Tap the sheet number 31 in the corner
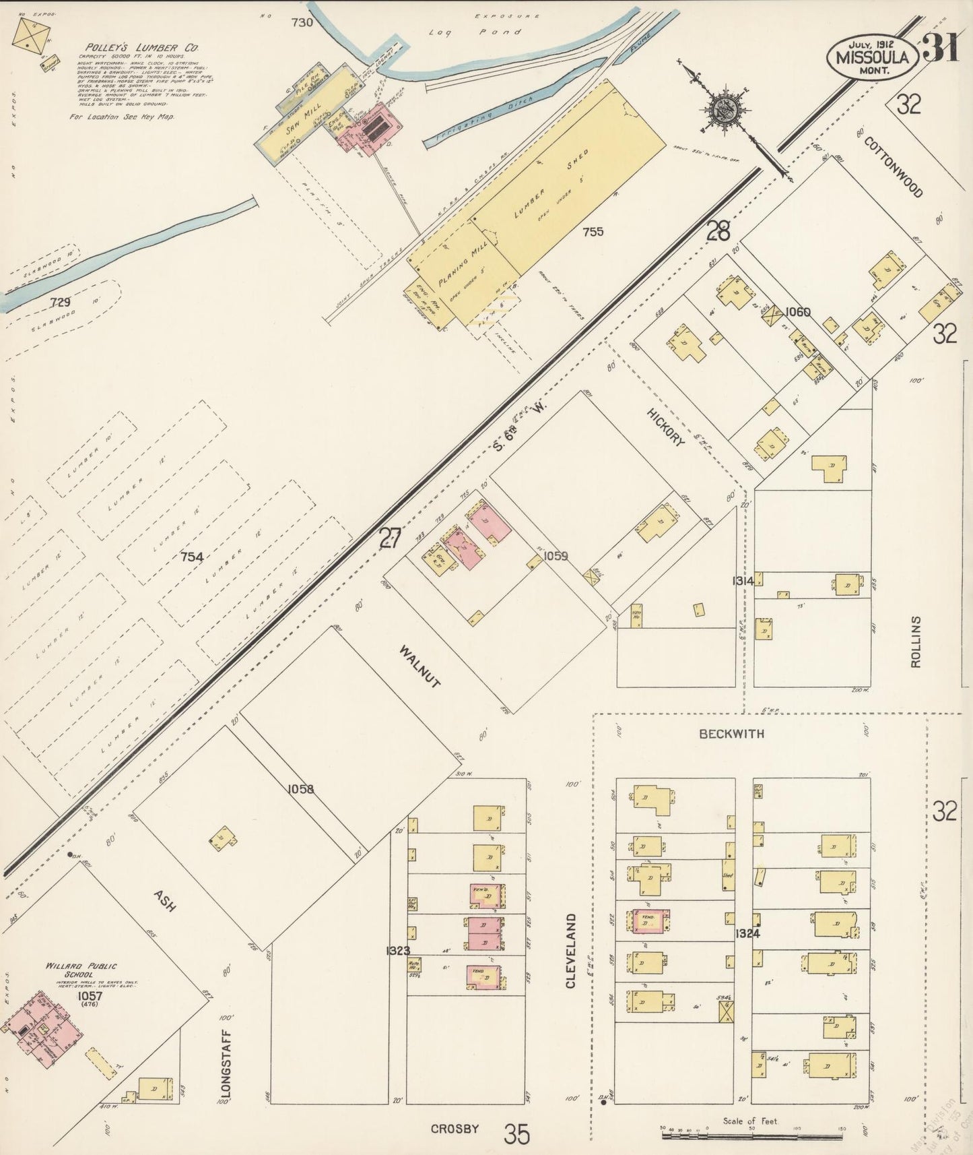coord(941,48)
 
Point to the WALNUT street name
coord(420,667)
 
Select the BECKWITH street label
coord(731,734)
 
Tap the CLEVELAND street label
coord(571,951)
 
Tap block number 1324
coord(747,933)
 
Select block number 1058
coord(300,789)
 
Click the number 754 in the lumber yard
coord(192,557)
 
